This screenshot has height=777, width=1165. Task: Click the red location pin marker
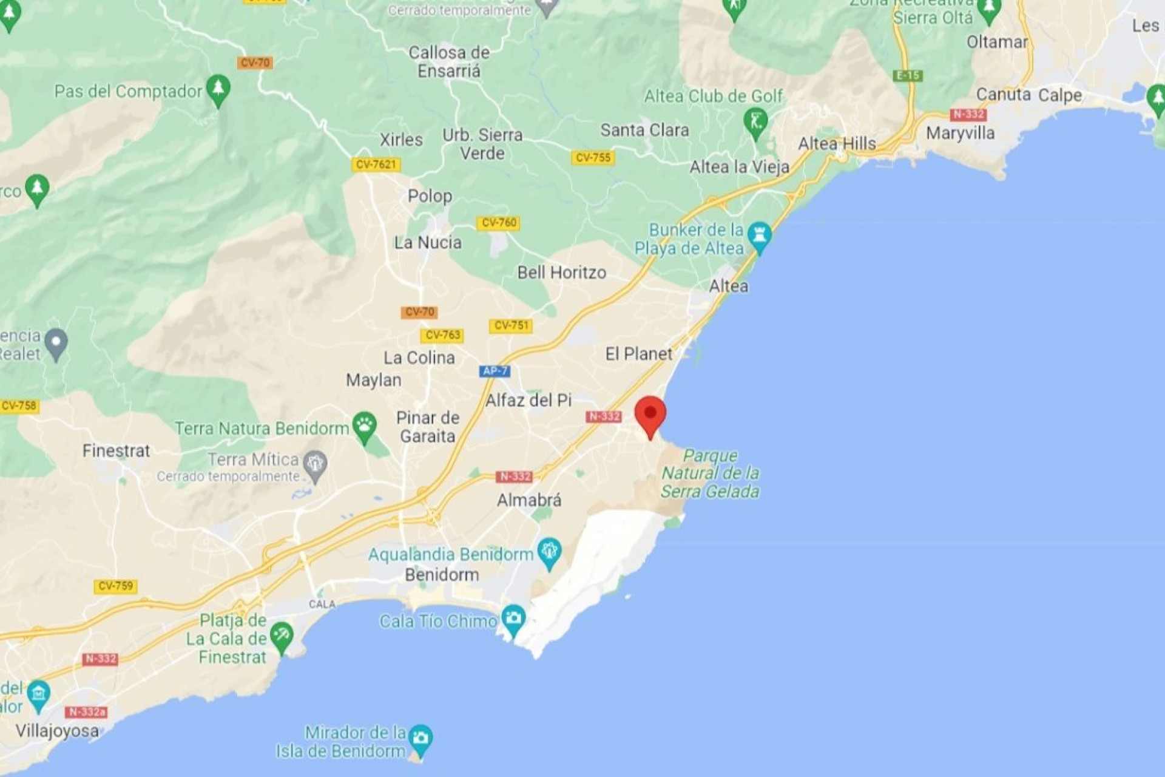click(650, 415)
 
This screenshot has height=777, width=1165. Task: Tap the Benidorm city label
click(442, 574)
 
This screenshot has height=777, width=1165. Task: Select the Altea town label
click(728, 286)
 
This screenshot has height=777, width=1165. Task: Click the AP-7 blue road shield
click(495, 371)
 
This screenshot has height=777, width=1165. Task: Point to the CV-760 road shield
click(498, 223)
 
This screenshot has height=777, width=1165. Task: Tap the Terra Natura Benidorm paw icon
click(364, 426)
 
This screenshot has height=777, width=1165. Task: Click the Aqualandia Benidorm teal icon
click(549, 552)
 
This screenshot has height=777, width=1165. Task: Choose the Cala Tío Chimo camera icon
click(513, 619)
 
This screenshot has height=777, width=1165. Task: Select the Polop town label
click(430, 196)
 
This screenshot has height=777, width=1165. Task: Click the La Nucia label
click(428, 243)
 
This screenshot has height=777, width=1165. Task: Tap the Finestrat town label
click(116, 450)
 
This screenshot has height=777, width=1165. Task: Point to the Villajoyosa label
click(57, 730)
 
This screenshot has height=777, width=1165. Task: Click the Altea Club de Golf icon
click(755, 122)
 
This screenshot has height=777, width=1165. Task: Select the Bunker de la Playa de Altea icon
click(759, 236)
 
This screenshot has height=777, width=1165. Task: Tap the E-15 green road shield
click(908, 76)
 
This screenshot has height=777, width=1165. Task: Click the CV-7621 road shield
click(376, 165)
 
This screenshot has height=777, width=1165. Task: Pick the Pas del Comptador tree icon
click(218, 89)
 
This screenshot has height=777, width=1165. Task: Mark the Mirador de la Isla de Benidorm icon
click(420, 739)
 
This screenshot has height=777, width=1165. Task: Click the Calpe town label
click(1060, 95)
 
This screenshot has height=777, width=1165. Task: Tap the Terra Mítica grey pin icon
click(315, 465)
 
